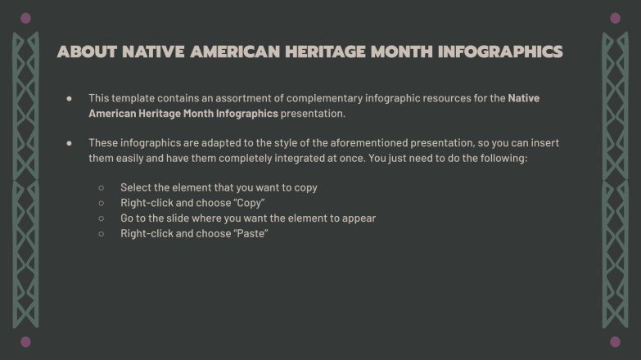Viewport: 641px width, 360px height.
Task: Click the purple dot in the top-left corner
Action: pyautogui.click(x=25, y=17)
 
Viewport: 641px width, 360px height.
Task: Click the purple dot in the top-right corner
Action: pyautogui.click(x=615, y=17)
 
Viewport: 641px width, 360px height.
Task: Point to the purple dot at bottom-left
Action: pyautogui.click(x=25, y=341)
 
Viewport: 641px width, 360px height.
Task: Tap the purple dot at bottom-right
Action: pyautogui.click(x=615, y=341)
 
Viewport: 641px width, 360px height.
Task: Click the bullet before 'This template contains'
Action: pyautogui.click(x=70, y=98)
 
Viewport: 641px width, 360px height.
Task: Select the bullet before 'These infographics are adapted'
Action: pyautogui.click(x=70, y=142)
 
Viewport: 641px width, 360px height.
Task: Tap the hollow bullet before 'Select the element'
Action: pyautogui.click(x=102, y=187)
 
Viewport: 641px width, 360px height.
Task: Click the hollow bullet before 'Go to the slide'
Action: pyautogui.click(x=102, y=218)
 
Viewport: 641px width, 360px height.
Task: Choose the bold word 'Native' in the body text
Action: pyautogui.click(x=524, y=98)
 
